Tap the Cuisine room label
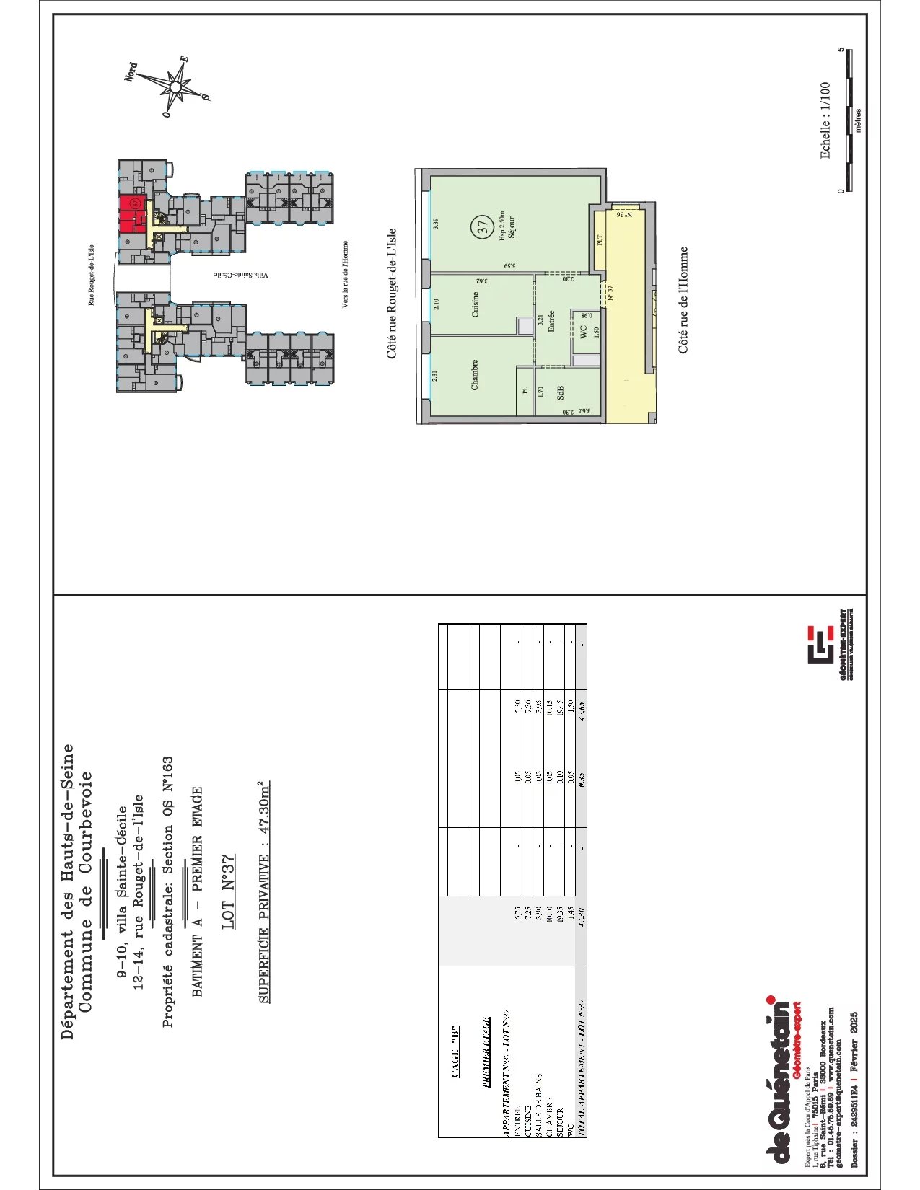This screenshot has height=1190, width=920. [476, 305]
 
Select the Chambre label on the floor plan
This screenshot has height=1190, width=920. [475, 375]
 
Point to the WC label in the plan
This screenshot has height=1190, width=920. [583, 332]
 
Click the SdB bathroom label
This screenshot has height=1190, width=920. [560, 392]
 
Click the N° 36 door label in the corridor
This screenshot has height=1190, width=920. [625, 215]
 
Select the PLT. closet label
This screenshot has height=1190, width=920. [600, 240]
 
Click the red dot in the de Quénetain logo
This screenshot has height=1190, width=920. [770, 1000]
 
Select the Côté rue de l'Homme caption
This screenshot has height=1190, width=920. [683, 300]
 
